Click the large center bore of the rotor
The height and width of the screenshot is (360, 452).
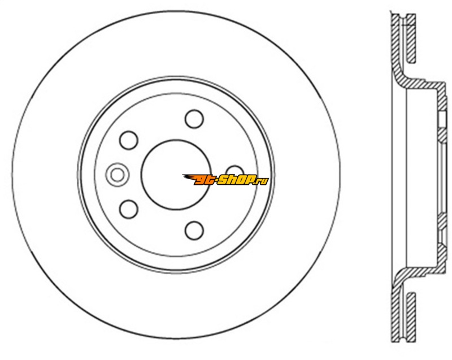coord(175,175)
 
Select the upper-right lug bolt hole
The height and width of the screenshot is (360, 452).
coord(194,119)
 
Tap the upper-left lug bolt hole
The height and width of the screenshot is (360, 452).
coord(129,140)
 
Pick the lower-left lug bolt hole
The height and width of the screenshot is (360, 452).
coord(129,209)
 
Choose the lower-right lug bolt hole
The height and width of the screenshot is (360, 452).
coord(194,230)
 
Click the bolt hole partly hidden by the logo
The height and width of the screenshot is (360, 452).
coord(235,171)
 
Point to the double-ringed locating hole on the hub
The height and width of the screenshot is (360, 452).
coord(117,175)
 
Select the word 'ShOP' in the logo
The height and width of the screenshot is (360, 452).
coord(235,180)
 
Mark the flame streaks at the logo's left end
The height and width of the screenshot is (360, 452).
coord(189,179)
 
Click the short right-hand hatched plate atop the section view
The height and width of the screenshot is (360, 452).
coord(411,38)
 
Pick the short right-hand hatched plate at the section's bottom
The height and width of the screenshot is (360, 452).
coord(411,317)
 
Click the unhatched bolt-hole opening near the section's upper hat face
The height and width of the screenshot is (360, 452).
coord(442,120)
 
